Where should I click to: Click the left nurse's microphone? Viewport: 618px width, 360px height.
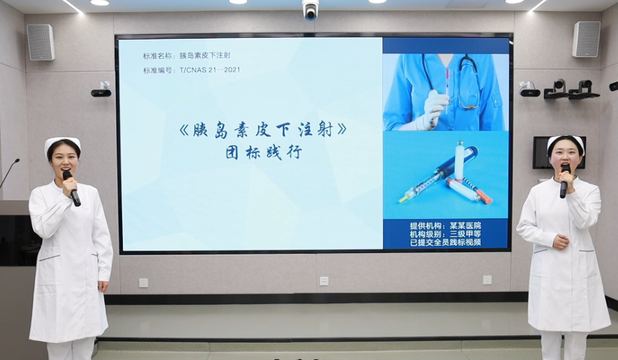coord(71,188)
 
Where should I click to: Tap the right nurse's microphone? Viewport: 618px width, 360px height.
coord(565,181)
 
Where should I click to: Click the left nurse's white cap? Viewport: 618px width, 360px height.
coord(62,143)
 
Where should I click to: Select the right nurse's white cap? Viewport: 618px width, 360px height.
coord(565,141)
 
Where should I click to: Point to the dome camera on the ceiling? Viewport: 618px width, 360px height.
coord(310,9)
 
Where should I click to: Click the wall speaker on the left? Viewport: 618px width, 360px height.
coord(41,42)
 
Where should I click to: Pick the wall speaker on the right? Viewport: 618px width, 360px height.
coord(586,39)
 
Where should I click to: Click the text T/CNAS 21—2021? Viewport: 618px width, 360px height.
coord(210,69)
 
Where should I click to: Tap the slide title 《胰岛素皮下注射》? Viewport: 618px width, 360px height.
coord(262,130)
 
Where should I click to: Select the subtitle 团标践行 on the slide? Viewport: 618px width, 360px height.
coord(264,152)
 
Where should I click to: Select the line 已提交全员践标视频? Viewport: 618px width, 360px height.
coord(445,242)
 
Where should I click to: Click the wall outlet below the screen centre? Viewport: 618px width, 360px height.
coord(324,281)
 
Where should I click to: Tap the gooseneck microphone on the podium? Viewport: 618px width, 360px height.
coord(9,173)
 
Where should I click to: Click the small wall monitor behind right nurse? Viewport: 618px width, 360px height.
coord(559,152)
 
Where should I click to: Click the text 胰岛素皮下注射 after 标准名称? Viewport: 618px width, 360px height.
coord(205,55)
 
